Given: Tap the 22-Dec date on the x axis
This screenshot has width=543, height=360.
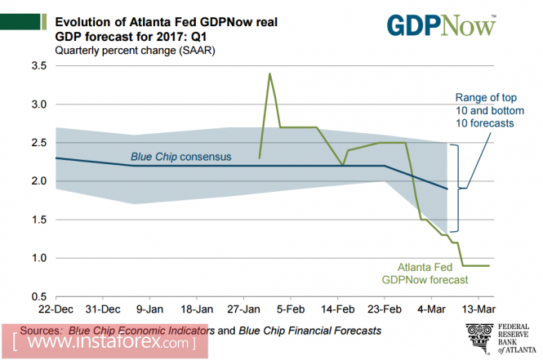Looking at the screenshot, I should [56, 310].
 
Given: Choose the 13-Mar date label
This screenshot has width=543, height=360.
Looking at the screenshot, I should [479, 310].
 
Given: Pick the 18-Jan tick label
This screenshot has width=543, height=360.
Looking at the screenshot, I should [197, 310].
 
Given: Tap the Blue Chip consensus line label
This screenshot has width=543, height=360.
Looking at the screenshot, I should [181, 156].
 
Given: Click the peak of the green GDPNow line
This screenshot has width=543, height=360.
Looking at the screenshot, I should [269, 73].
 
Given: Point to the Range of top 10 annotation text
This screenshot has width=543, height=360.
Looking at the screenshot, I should [487, 111].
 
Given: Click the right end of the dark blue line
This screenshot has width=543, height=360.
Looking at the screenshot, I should [447, 189].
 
